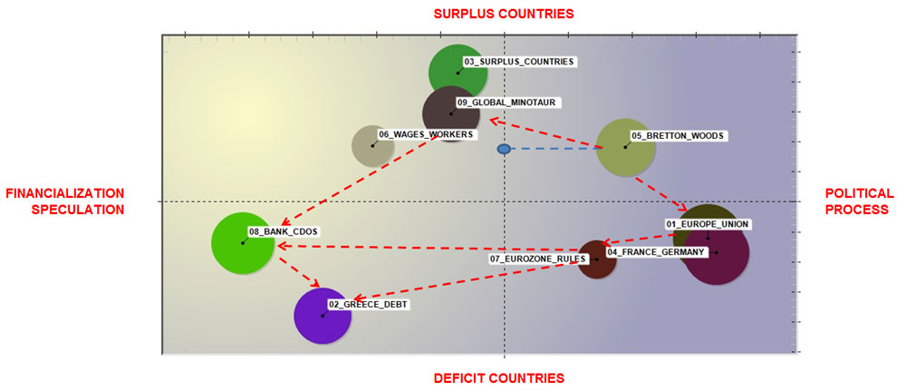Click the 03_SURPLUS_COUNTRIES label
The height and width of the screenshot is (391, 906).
[x=519, y=62]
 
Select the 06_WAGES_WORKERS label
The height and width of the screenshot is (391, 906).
[x=426, y=134]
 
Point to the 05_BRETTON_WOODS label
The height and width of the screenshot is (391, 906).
[x=677, y=136]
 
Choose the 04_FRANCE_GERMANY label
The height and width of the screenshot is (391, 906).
[x=655, y=252]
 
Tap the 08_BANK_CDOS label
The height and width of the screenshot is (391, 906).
[x=283, y=232]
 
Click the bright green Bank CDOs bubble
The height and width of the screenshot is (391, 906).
[x=243, y=243]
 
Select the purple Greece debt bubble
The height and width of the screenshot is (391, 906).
[x=323, y=316]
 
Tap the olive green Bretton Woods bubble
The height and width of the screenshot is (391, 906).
[x=625, y=147]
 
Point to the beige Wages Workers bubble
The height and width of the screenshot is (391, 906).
[x=372, y=145]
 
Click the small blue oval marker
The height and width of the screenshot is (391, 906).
[x=504, y=149]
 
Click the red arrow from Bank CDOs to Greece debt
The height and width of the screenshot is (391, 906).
[x=299, y=272]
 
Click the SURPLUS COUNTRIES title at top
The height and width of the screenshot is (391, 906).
[x=504, y=14]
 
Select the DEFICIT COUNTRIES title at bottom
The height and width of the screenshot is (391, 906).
[x=498, y=378]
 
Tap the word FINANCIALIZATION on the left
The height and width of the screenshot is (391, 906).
[x=64, y=193]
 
